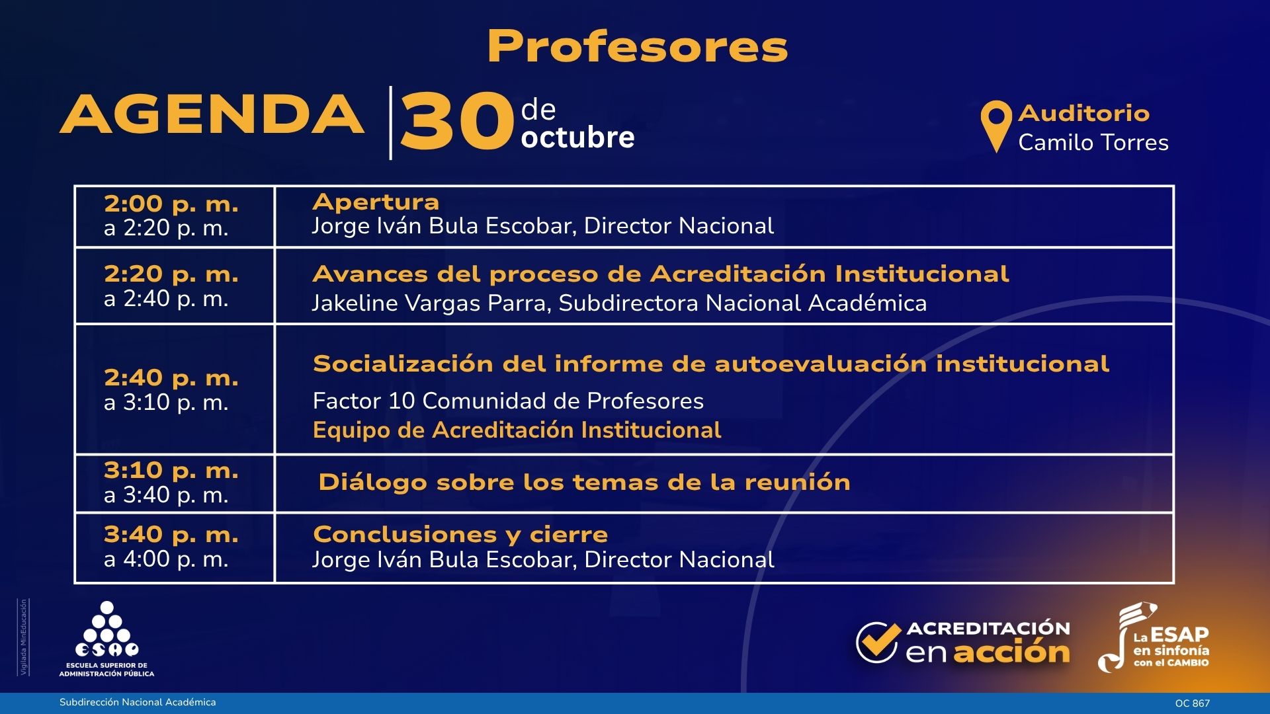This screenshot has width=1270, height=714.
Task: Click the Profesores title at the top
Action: [638, 47]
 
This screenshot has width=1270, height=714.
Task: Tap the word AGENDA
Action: [212, 114]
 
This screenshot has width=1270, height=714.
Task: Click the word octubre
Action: [577, 137]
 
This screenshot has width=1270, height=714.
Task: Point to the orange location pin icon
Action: [996, 126]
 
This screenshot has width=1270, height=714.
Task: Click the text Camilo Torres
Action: [1093, 142]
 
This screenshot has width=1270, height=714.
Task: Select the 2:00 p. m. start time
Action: [171, 204]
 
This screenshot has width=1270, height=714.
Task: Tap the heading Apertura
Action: [376, 202]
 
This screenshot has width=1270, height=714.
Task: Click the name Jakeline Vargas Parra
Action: [431, 303]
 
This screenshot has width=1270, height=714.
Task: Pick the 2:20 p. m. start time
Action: [171, 274]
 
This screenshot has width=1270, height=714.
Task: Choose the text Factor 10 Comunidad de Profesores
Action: [508, 401]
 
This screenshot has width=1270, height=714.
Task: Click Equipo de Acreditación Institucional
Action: [517, 430]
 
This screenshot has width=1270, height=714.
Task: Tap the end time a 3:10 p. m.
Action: [166, 402]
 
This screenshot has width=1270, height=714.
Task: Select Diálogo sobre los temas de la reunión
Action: [584, 482]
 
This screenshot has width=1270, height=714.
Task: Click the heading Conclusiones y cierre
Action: [460, 534]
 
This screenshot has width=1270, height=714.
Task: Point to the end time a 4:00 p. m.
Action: [166, 559]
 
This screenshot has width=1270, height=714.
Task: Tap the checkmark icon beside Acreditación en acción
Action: [878, 642]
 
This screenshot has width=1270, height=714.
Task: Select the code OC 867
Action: [1192, 703]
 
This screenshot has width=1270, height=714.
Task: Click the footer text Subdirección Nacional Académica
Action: [138, 702]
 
